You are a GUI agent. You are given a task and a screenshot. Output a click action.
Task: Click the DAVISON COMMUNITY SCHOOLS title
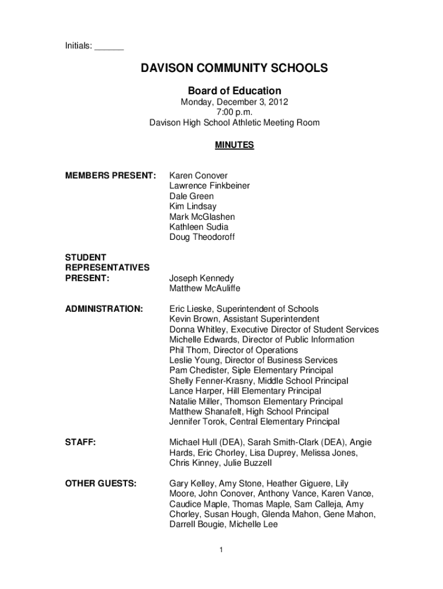click(235, 69)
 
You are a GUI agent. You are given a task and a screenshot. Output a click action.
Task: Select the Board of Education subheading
click(235, 91)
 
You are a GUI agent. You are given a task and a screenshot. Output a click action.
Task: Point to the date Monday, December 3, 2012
click(235, 102)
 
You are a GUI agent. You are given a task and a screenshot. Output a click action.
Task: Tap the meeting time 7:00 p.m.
click(235, 112)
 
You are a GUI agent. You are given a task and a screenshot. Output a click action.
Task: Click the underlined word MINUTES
click(234, 146)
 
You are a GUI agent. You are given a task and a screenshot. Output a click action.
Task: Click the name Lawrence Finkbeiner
click(209, 186)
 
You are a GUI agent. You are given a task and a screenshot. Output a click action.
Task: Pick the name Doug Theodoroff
click(202, 237)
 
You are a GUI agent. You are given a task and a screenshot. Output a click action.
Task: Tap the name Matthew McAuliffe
click(205, 288)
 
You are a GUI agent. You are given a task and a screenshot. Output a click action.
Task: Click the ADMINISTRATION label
click(105, 309)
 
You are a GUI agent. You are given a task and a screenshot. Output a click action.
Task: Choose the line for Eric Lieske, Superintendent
click(244, 309)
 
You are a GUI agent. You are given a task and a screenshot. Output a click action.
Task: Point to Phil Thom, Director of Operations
click(234, 350)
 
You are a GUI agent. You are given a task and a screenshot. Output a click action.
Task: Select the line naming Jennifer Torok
click(254, 422)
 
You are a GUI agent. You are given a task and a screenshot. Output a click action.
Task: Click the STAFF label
click(80, 442)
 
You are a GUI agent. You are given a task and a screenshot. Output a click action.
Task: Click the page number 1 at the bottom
click(221, 550)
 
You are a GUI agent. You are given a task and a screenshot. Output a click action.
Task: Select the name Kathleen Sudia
click(198, 227)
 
